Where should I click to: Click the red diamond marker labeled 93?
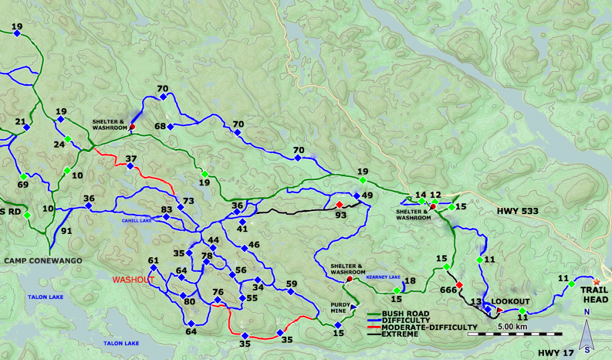click(339, 204)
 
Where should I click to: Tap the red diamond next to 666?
click(459, 285)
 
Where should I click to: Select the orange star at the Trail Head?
click(596, 281)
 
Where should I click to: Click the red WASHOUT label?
click(133, 280)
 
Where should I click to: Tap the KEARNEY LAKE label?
click(383, 277)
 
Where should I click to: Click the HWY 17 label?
click(555, 353)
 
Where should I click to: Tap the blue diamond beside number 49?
click(356, 196)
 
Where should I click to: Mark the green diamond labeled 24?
click(68, 139)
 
